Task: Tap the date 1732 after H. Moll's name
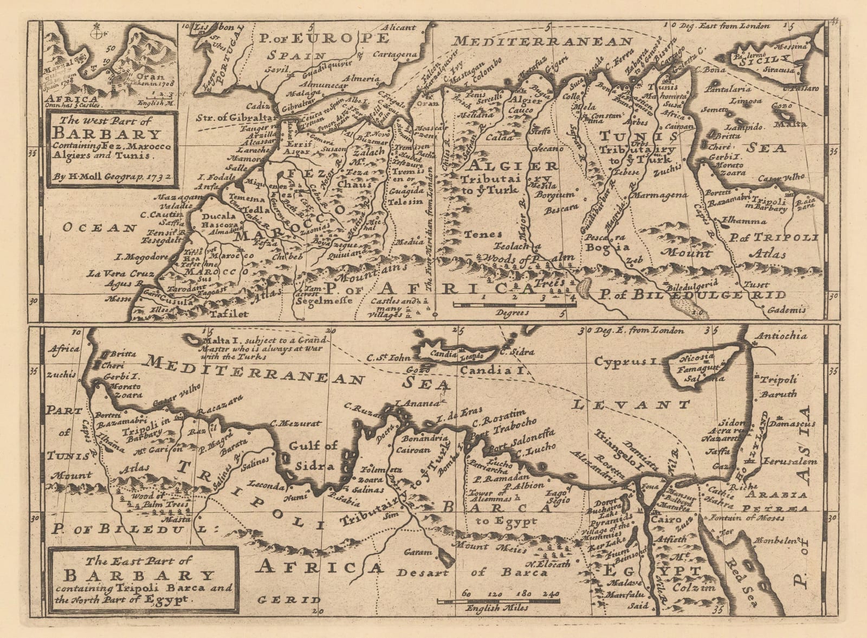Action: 156,176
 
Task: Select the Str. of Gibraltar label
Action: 229,115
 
